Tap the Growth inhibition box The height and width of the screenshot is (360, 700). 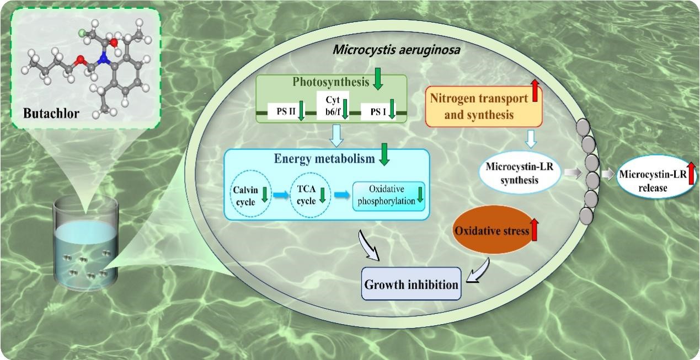pos(411,284)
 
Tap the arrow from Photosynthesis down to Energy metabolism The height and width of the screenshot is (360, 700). pos(335,136)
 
